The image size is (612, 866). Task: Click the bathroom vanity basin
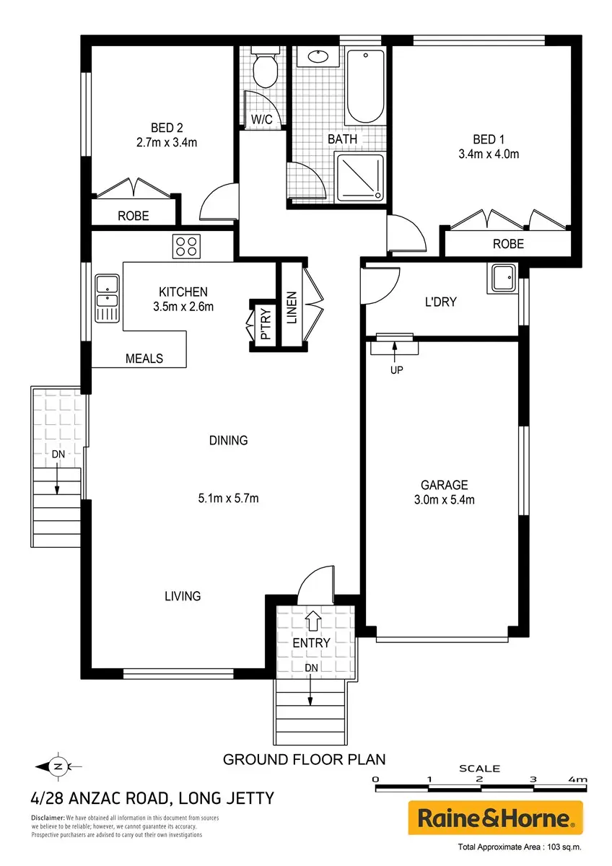click(x=318, y=57)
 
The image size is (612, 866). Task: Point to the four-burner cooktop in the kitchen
click(x=186, y=246)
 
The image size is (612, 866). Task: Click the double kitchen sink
click(x=108, y=298)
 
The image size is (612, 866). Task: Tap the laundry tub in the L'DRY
click(x=502, y=278)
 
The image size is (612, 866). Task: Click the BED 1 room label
click(x=489, y=139)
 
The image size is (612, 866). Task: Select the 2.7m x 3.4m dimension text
click(x=167, y=143)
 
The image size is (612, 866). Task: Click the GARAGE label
click(x=445, y=485)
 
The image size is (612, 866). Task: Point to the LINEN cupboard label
click(x=292, y=307)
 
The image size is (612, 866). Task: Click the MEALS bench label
click(x=144, y=359)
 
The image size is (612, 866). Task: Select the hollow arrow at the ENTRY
click(x=312, y=621)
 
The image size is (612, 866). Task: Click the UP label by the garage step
click(x=397, y=370)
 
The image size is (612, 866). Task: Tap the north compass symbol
click(x=58, y=766)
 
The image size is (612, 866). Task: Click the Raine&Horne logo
click(x=495, y=818)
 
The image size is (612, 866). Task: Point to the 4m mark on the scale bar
click(x=579, y=779)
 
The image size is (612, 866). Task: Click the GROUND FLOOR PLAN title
click(x=305, y=760)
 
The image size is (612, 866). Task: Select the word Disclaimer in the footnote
click(x=48, y=818)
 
